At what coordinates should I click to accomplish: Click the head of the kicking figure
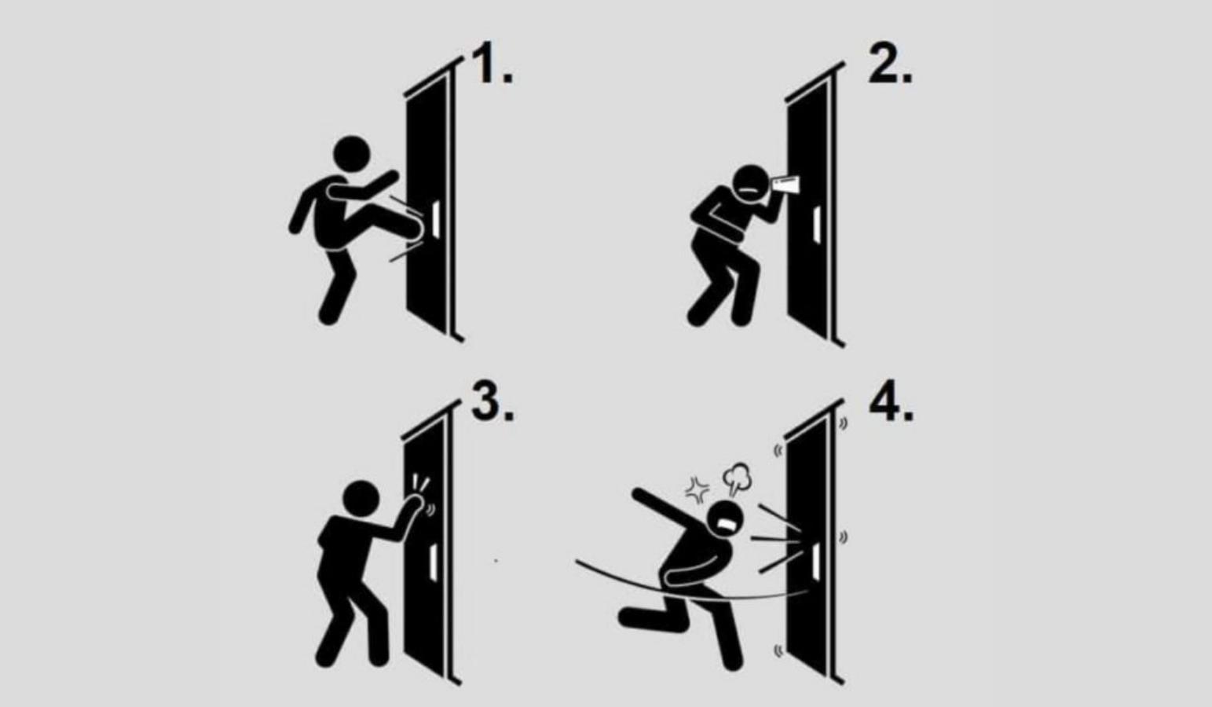point(351,153)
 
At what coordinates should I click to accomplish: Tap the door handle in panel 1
point(436,220)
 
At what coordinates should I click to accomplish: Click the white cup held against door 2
point(785,183)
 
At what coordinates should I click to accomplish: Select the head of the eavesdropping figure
point(749,184)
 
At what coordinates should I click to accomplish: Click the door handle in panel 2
point(816,224)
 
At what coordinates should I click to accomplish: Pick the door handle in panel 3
point(433,562)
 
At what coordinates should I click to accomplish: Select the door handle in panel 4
point(815,560)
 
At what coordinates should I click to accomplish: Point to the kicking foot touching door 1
point(415,227)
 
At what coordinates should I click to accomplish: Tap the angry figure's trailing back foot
point(632,617)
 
